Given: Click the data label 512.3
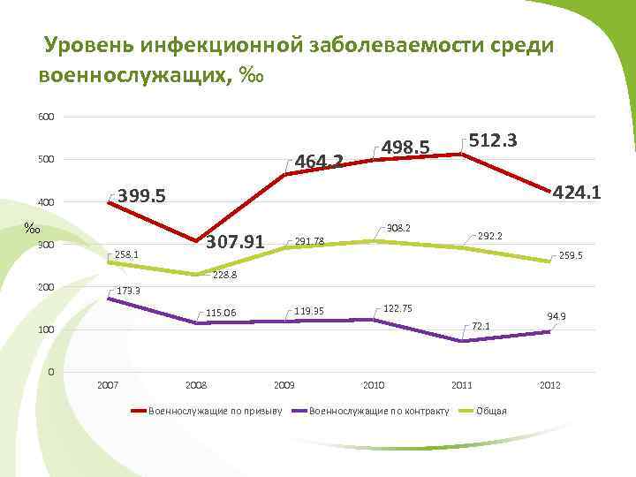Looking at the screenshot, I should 493,141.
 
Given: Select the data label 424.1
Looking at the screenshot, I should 576,192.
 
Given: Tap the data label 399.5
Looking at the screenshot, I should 142,196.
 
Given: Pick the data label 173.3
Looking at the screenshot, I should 136,291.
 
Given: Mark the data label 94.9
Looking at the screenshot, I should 556,316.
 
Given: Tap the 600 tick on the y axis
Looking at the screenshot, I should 46,117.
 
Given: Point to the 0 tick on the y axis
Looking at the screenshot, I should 51,372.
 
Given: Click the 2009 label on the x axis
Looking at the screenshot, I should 284,386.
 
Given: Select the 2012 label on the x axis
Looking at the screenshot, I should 549,386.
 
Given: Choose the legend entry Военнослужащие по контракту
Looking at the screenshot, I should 381,411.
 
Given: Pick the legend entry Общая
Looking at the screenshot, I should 491,411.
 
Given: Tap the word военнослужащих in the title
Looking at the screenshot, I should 133,76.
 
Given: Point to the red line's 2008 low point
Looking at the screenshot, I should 196,241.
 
